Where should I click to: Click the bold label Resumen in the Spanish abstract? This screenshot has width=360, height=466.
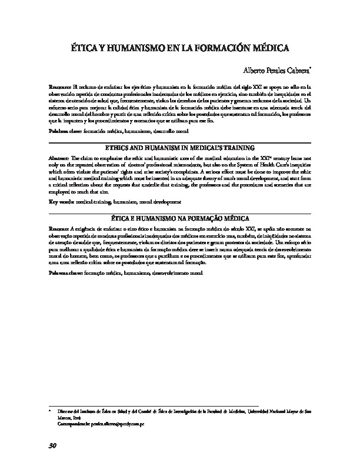(x=59, y=86)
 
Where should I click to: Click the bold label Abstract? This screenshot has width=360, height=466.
(x=59, y=158)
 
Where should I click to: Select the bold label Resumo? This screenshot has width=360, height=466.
(x=59, y=227)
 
